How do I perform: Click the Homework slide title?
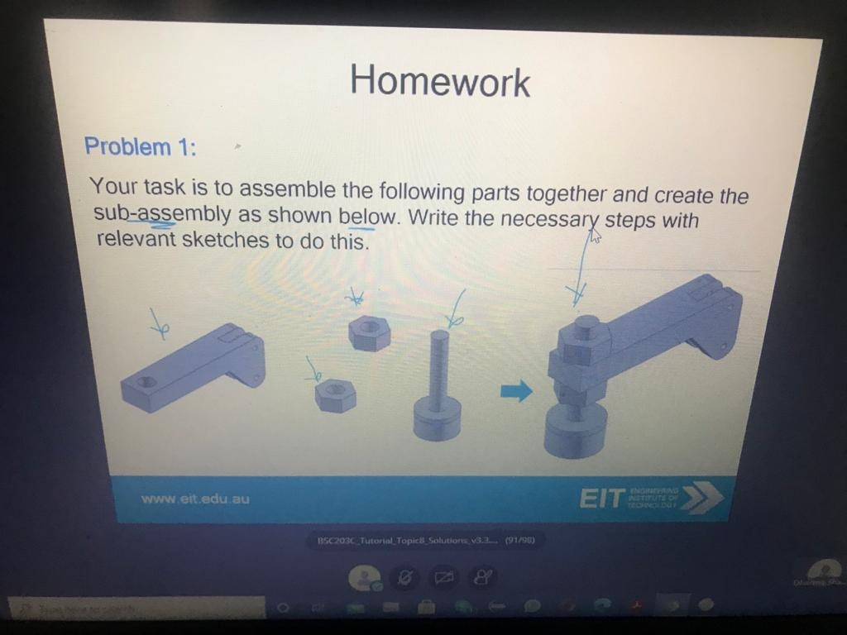(x=439, y=82)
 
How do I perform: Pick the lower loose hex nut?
(x=336, y=394)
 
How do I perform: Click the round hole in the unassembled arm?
(x=147, y=383)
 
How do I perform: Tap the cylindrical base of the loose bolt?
(x=438, y=418)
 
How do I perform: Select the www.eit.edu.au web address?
(x=195, y=499)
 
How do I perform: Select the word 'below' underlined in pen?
(x=367, y=217)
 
